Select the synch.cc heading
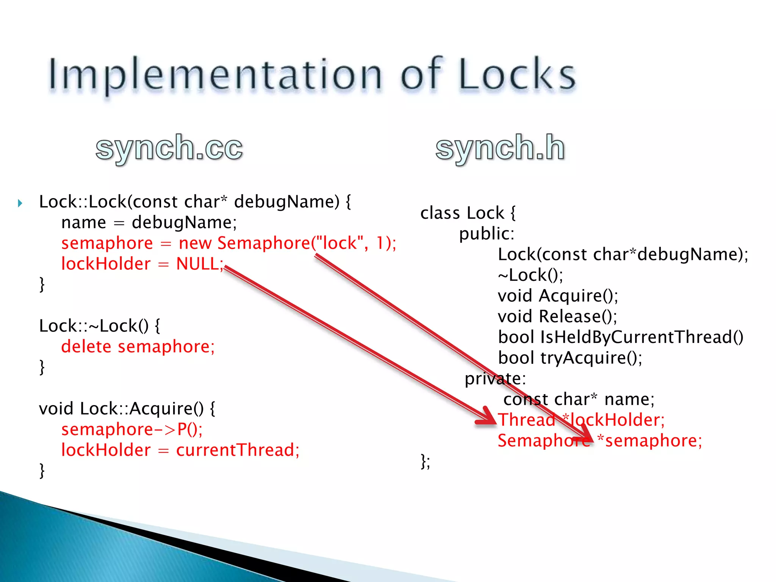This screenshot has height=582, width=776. pyautogui.click(x=169, y=148)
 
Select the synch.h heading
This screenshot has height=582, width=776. pyautogui.click(x=500, y=148)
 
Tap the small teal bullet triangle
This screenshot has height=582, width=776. pyautogui.click(x=20, y=203)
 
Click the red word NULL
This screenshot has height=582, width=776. pyautogui.click(x=198, y=264)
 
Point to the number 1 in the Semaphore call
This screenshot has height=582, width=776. pyautogui.click(x=380, y=243)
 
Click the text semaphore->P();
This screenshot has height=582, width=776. pyautogui.click(x=132, y=429)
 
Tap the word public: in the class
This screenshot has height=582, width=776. pyautogui.click(x=487, y=234)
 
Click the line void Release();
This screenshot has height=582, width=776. pyautogui.click(x=557, y=316)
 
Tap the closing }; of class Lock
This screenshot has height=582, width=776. pyautogui.click(x=426, y=462)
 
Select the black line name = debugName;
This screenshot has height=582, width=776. pyautogui.click(x=149, y=222)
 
